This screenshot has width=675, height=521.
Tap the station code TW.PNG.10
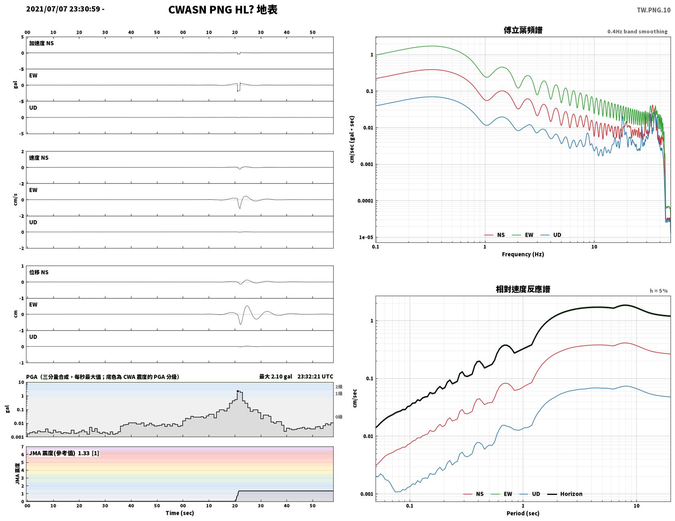653,10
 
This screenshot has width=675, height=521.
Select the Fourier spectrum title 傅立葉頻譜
523,30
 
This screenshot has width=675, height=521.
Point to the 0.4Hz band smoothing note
637,31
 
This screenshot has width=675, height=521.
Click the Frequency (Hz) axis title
523,254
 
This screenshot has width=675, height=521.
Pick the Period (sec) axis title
523,513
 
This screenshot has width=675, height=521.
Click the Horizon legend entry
564,494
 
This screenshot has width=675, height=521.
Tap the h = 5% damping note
659,291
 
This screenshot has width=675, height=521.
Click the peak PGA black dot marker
238,391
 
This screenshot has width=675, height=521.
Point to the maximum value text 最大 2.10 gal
275,377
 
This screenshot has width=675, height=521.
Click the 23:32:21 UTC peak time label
315,376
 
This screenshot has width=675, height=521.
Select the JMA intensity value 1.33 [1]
88,453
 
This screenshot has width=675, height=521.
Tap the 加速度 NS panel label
42,43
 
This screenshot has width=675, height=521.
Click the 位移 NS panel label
39,272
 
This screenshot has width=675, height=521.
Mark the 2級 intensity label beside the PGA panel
339,387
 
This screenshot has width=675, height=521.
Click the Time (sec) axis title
179,513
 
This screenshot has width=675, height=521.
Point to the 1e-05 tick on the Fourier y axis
366,237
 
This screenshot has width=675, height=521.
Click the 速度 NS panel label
39,158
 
